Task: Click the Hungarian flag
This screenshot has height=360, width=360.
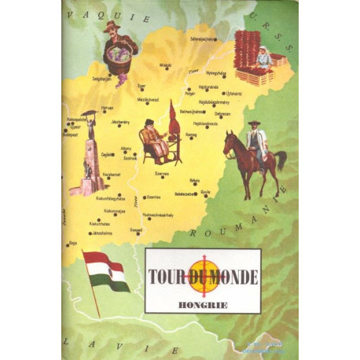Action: tap(106, 271)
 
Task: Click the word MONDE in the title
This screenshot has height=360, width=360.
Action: tap(233, 276)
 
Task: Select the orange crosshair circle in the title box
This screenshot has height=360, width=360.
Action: tap(203, 276)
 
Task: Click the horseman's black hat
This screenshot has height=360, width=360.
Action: tap(254, 123)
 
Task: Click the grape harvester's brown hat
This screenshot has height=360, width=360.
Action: tap(112, 26)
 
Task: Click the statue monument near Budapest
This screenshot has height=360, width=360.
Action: tap(89, 157)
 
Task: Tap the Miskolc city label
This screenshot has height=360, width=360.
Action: tap(165, 66)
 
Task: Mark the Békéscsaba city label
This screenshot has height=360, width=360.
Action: tap(185, 193)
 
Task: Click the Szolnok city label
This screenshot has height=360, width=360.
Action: tap(130, 157)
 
